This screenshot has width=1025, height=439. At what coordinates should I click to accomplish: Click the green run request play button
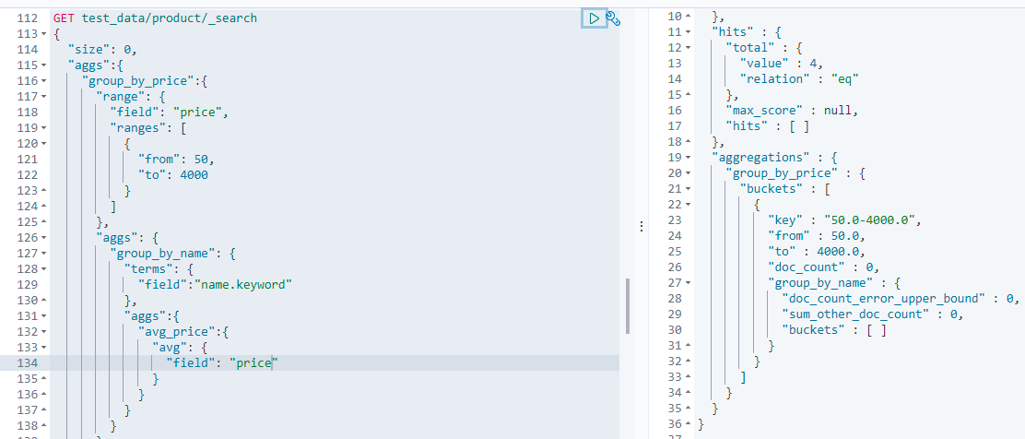click(594, 18)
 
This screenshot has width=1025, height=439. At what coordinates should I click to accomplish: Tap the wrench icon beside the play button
click(612, 18)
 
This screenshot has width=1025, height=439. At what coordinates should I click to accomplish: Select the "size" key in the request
click(89, 49)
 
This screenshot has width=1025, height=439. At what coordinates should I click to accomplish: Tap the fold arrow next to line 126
click(43, 237)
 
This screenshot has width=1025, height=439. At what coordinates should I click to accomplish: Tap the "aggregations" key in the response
click(760, 157)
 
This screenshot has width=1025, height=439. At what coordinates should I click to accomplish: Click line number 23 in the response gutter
click(676, 219)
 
